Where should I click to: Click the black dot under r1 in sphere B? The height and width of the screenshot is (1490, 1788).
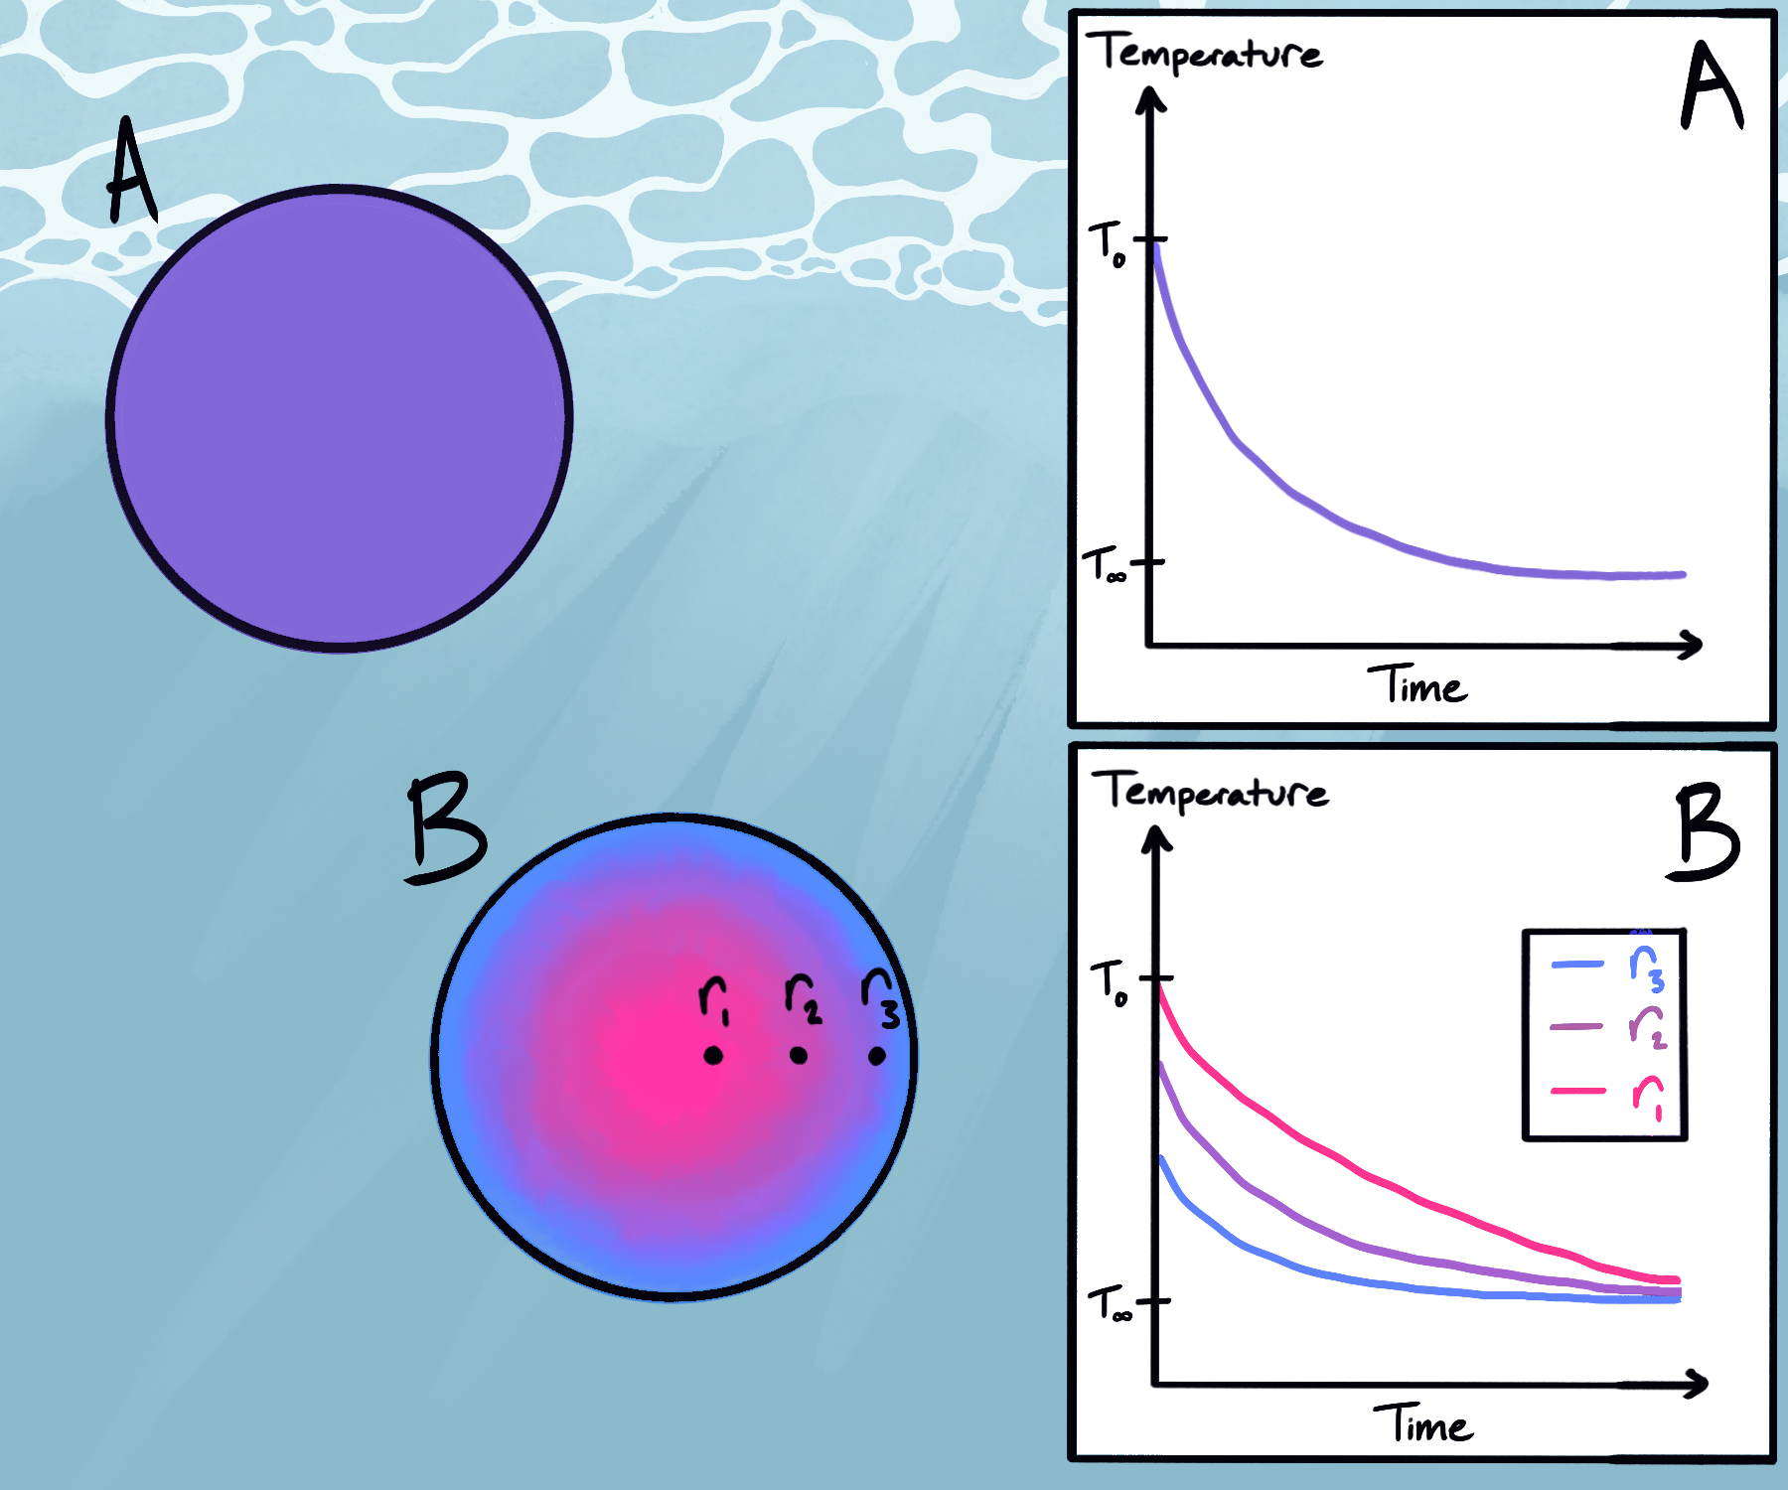(713, 1055)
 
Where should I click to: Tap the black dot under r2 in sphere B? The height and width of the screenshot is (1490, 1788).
(799, 1055)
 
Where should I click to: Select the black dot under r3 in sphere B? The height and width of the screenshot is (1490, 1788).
(876, 1056)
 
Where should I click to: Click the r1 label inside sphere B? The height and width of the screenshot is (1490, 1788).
(714, 997)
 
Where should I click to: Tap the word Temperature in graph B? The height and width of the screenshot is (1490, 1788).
(1212, 792)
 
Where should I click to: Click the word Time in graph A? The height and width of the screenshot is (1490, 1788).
(1417, 685)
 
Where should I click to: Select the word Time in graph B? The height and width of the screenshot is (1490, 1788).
(1423, 1424)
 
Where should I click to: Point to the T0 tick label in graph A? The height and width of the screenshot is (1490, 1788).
(1107, 243)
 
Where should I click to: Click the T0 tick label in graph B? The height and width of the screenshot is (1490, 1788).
(1109, 982)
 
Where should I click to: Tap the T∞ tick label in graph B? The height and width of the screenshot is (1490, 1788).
(1109, 1303)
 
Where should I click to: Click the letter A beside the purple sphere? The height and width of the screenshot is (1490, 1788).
(131, 172)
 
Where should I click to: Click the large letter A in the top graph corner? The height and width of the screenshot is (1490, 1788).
(1711, 86)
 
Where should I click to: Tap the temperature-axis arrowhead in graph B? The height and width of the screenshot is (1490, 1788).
(1156, 840)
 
